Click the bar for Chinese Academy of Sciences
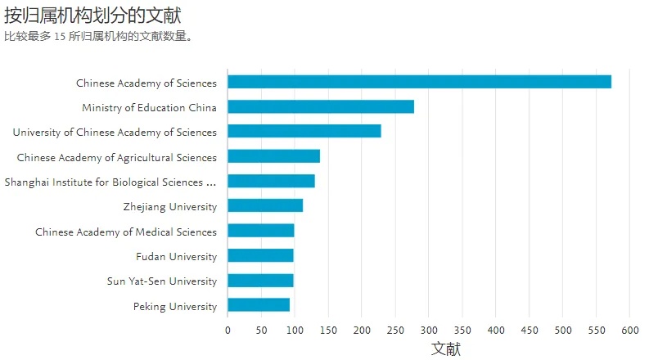pyautogui.click(x=419, y=82)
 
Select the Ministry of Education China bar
pyautogui.click(x=321, y=106)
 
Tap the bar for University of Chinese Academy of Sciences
pyautogui.click(x=304, y=131)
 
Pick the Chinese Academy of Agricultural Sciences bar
pyautogui.click(x=273, y=156)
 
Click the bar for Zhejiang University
pyautogui.click(x=265, y=205)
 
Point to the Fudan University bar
pyautogui.click(x=260, y=255)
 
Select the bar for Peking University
pyautogui.click(x=259, y=305)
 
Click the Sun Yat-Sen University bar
pyautogui.click(x=260, y=281)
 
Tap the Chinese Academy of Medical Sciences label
pyautogui.click(x=126, y=232)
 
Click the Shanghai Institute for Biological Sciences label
pyautogui.click(x=110, y=182)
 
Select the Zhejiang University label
pyautogui.click(x=170, y=207)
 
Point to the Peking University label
pyautogui.click(x=175, y=307)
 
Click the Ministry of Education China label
pyautogui.click(x=149, y=108)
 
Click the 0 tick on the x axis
pyautogui.click(x=228, y=330)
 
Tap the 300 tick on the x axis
pyautogui.click(x=429, y=330)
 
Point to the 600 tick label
pyautogui.click(x=629, y=330)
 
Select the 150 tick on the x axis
pyautogui.click(x=328, y=330)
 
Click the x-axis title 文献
pyautogui.click(x=446, y=349)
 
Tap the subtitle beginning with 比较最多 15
pyautogui.click(x=98, y=36)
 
